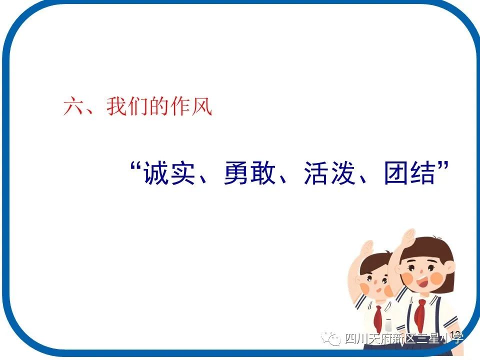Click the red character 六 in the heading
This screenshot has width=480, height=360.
[74, 107]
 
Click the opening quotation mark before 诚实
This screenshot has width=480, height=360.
[134, 167]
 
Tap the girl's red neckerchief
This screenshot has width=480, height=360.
[421, 312]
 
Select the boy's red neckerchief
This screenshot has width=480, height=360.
[378, 318]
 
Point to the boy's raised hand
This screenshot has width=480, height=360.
[367, 248]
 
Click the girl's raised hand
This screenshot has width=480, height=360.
[407, 237]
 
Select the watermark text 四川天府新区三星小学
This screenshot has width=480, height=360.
[404, 339]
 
